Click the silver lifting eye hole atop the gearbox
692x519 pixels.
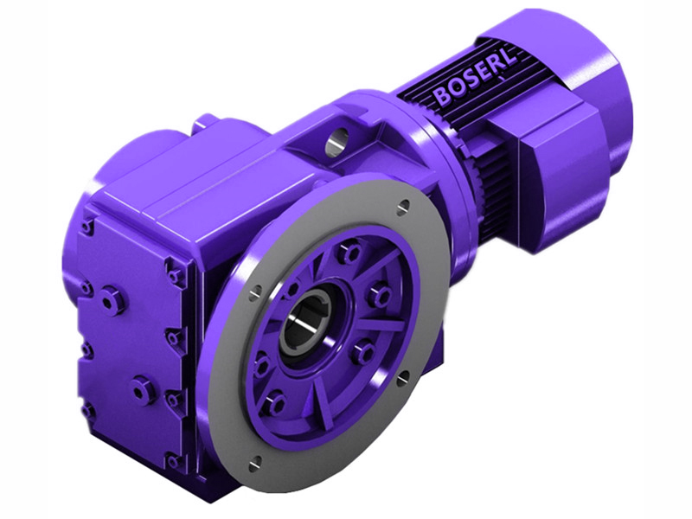(x=338, y=137)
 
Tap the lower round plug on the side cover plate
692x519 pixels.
(x=142, y=391)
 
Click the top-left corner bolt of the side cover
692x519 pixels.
(x=87, y=227)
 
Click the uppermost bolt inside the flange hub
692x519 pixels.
(x=350, y=253)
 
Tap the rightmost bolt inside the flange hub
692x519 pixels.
(x=380, y=296)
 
